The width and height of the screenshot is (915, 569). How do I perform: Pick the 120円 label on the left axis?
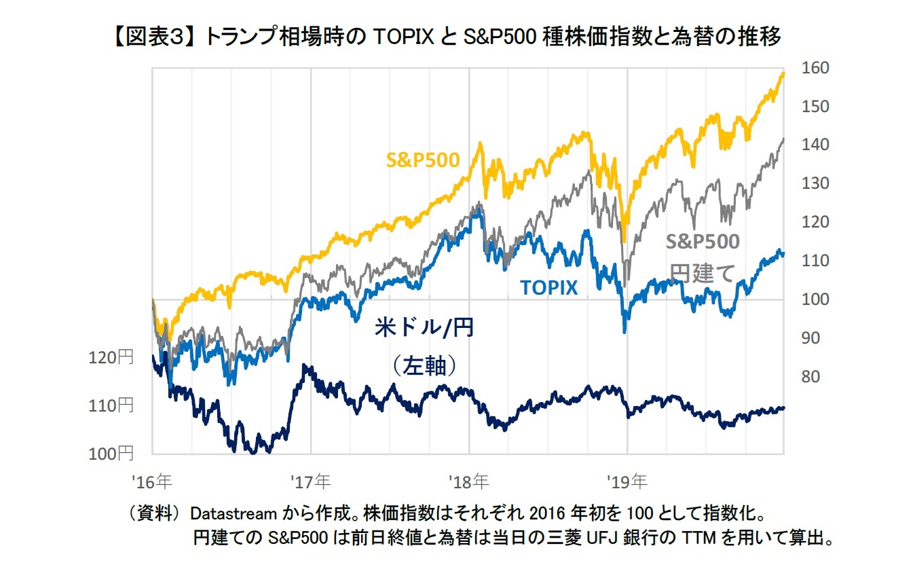pos(111,358)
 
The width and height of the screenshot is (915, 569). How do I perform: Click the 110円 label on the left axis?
pos(111,405)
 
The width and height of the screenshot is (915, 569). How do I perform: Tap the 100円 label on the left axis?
pos(111,453)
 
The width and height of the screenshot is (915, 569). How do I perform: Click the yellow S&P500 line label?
pos(423,160)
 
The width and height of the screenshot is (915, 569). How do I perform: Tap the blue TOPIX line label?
pos(549,288)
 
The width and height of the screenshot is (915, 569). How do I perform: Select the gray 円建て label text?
pos(703,273)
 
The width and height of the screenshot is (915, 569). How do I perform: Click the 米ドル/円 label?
pos(424,328)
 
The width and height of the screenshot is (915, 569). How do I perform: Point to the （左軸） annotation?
pos(424,366)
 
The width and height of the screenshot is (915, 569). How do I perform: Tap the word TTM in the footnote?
pos(703,538)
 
